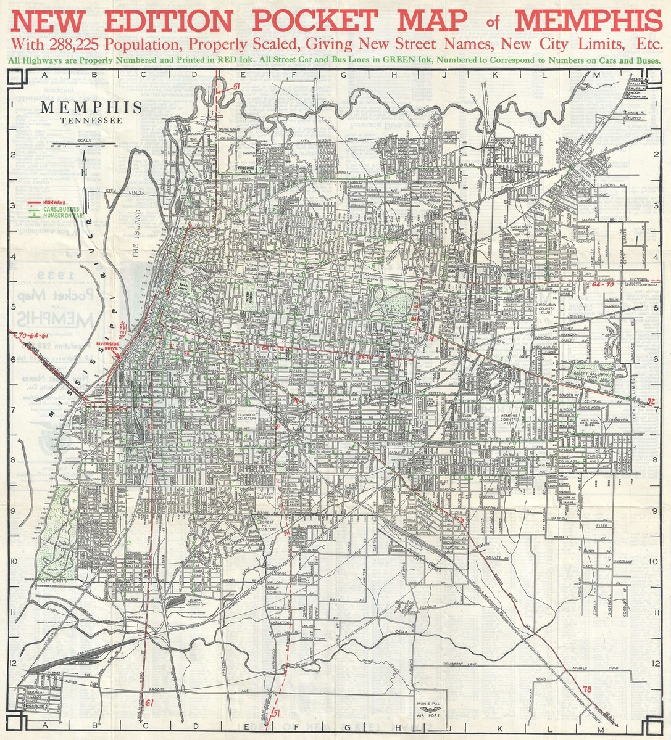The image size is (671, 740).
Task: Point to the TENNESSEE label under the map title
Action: point(91,120)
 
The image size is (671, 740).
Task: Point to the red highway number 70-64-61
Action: point(33,335)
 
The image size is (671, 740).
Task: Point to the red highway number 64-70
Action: point(602,285)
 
